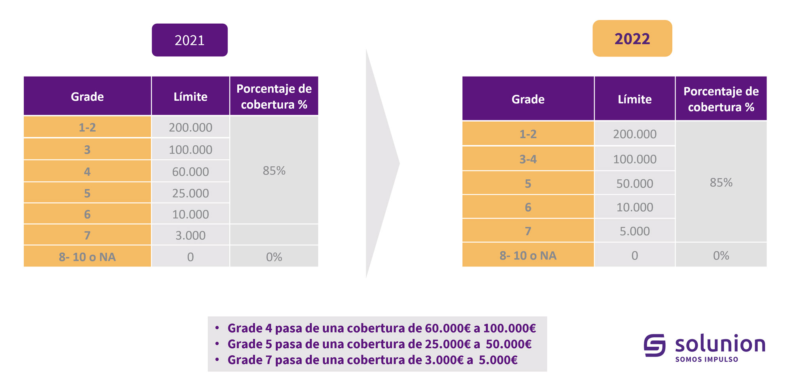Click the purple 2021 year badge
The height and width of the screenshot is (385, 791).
click(x=189, y=40)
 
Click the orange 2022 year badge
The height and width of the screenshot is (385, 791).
click(x=632, y=38)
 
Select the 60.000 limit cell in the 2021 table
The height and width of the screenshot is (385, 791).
click(x=190, y=171)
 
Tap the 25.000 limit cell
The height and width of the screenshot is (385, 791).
click(x=190, y=193)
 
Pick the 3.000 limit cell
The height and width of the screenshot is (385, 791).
click(x=190, y=235)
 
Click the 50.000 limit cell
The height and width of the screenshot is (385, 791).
click(x=634, y=183)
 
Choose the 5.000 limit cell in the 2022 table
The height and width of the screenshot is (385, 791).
click(x=634, y=231)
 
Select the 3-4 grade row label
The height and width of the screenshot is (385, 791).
click(x=528, y=159)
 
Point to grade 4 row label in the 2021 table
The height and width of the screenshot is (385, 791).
click(x=87, y=171)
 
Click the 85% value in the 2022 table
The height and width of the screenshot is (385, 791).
click(x=721, y=182)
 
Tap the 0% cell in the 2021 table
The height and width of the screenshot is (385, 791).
click(x=274, y=257)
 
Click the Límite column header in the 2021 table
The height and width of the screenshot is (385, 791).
click(x=190, y=97)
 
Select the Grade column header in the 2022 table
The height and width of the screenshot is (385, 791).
click(x=528, y=99)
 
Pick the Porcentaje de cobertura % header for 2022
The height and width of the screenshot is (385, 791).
click(x=721, y=99)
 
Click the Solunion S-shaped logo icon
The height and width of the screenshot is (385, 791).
click(x=655, y=345)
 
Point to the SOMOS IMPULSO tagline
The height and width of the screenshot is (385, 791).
click(x=706, y=359)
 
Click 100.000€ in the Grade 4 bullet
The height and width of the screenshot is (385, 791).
click(x=509, y=328)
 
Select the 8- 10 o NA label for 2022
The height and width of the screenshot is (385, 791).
click(x=528, y=255)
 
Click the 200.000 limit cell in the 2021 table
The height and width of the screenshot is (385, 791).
click(x=190, y=128)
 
